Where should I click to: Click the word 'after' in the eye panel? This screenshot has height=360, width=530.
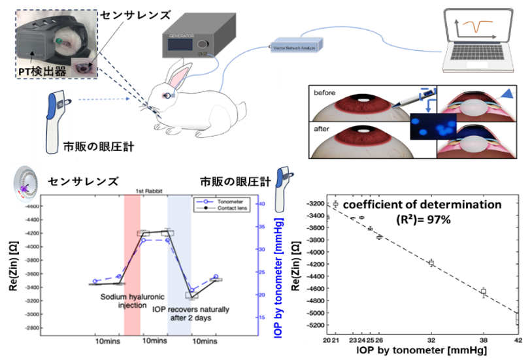tap(323, 129)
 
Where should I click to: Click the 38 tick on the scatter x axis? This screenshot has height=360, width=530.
tap(483, 340)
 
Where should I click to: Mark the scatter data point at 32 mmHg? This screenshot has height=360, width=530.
tap(431, 262)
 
